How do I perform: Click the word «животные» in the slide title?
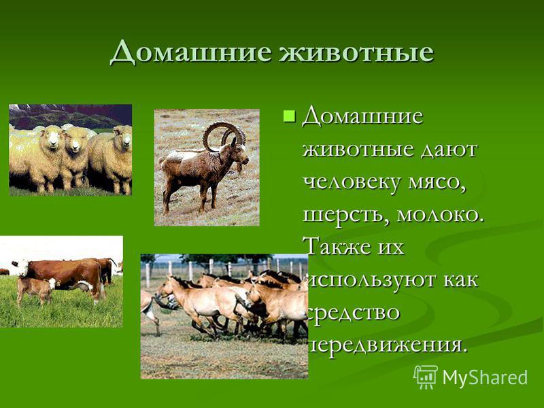(x=356, y=52)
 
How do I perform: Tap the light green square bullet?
(x=289, y=116)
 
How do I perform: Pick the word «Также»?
(x=341, y=247)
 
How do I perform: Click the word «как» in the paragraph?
(x=460, y=279)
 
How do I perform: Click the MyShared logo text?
(x=485, y=377)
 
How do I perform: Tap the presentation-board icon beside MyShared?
(x=426, y=377)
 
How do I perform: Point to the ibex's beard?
(x=239, y=168)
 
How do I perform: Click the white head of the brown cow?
(x=21, y=267)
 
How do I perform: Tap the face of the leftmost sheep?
(x=52, y=137)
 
